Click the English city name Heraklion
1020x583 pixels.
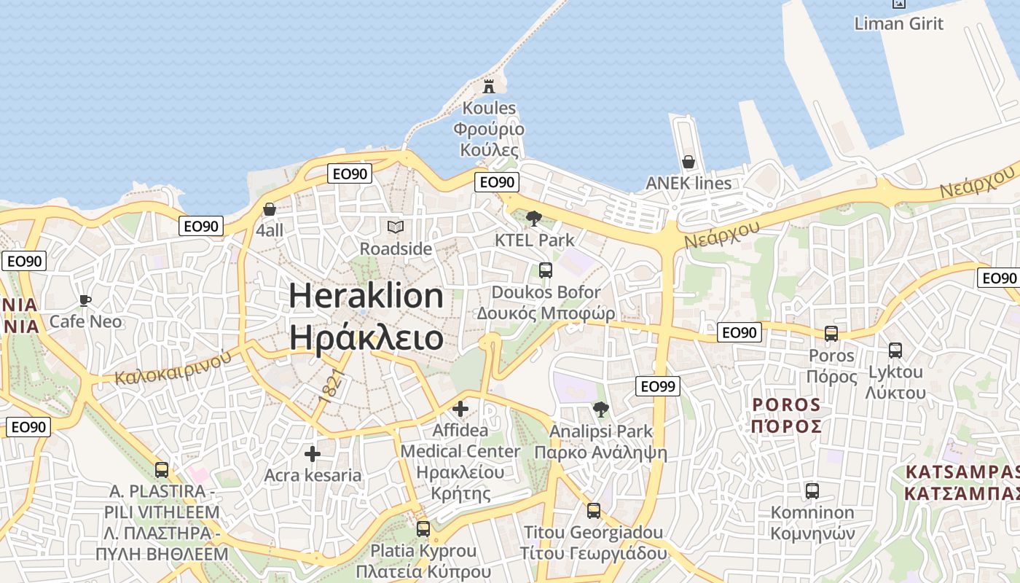click(x=366, y=296)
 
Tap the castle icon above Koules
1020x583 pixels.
click(x=489, y=87)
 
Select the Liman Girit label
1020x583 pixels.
click(x=898, y=23)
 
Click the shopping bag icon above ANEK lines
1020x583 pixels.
click(x=688, y=161)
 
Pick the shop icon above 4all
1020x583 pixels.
click(x=270, y=209)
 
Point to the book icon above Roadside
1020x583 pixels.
click(x=396, y=227)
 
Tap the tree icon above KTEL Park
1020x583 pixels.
click(x=534, y=218)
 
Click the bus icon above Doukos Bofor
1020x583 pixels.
click(x=545, y=270)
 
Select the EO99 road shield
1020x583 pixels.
click(x=657, y=386)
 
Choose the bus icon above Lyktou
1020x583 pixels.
click(x=895, y=351)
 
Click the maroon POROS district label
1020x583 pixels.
click(x=786, y=405)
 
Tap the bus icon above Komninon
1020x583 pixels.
click(x=812, y=491)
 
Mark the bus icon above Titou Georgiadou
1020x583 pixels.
click(x=593, y=511)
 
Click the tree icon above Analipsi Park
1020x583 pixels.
click(x=600, y=410)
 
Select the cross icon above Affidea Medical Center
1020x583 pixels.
click(x=460, y=409)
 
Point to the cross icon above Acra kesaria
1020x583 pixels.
click(x=313, y=454)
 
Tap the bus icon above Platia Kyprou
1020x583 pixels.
click(x=423, y=529)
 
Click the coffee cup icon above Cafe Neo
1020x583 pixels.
click(x=85, y=300)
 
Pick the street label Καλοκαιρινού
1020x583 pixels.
click(x=173, y=367)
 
